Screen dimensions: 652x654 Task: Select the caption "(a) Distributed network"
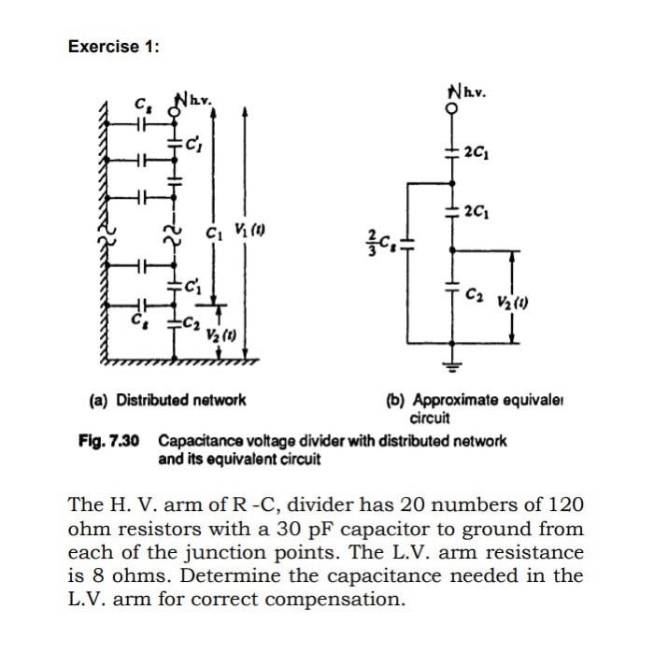[168, 400]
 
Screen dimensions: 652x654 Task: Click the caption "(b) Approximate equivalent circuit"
[480, 407]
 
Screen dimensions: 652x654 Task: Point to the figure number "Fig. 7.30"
[109, 440]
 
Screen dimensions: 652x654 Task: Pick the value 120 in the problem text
[565, 504]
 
